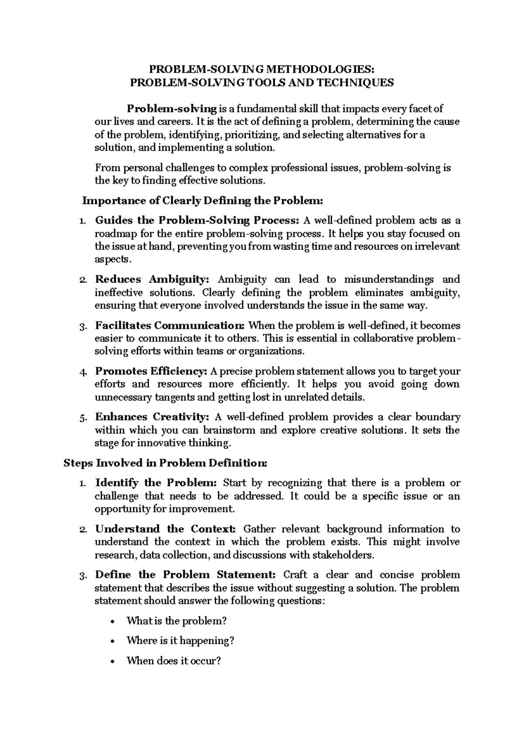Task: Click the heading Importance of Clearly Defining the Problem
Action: [x=202, y=201]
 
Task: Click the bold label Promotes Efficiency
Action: [x=151, y=371]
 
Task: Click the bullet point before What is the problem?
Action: [x=114, y=622]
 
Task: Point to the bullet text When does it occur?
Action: [x=174, y=661]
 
